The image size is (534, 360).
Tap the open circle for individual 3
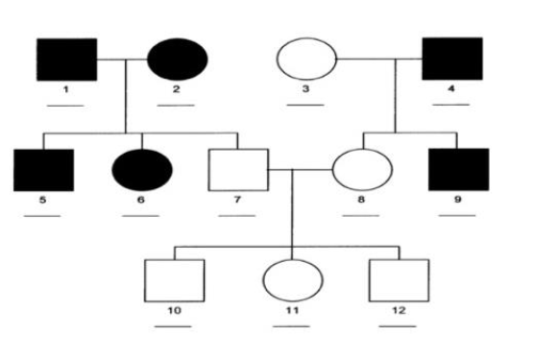(306, 60)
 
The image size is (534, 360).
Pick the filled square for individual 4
(451, 60)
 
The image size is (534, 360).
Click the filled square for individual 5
(44, 171)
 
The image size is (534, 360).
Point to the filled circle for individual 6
(143, 171)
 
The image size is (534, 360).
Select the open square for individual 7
(236, 171)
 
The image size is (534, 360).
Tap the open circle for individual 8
(360, 171)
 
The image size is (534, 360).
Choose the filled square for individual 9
(458, 170)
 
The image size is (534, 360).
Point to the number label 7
(235, 203)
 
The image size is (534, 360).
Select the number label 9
(458, 203)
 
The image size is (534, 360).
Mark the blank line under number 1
(66, 105)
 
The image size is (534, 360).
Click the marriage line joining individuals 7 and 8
(298, 171)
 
